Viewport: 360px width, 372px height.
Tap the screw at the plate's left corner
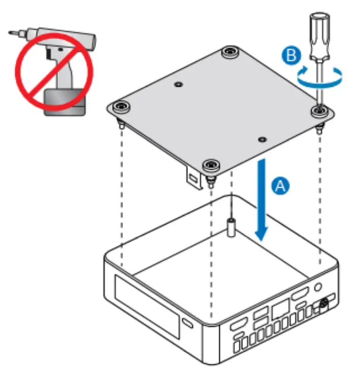[121, 106]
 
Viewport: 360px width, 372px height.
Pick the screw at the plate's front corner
[210, 165]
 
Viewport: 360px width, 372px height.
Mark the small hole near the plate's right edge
[261, 139]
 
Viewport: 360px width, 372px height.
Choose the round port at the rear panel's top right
[318, 287]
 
